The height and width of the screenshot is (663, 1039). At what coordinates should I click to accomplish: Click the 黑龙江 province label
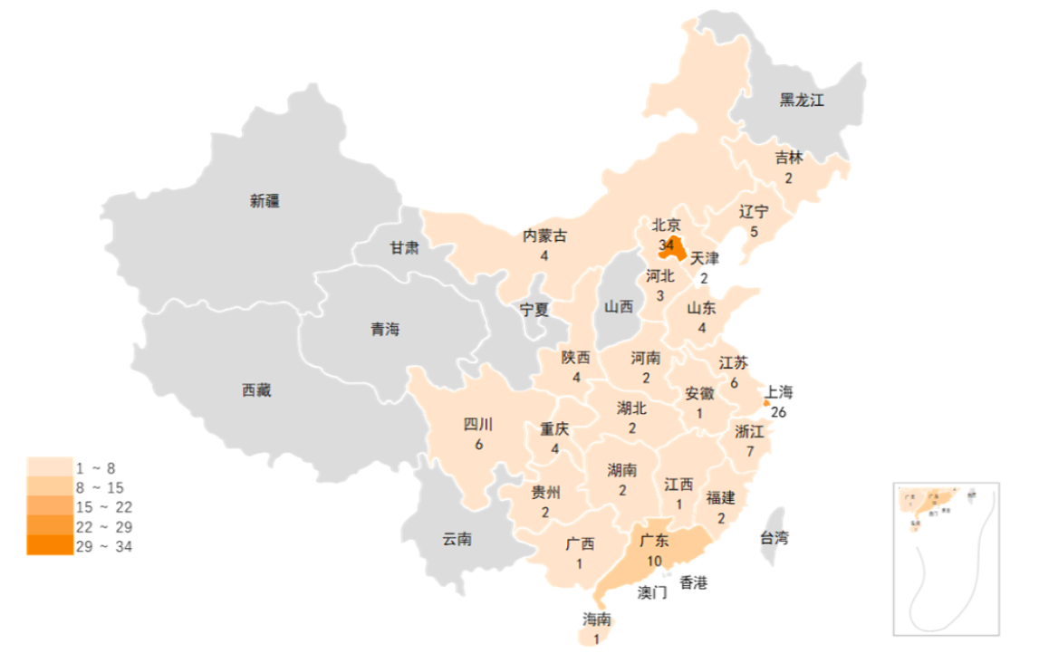point(802,101)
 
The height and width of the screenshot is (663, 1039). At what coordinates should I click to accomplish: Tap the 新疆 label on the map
point(265,201)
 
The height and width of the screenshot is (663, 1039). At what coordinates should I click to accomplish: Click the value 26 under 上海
point(778,412)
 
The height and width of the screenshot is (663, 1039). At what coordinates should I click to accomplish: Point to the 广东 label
point(654,542)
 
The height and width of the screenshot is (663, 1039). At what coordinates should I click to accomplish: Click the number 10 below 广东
point(654,561)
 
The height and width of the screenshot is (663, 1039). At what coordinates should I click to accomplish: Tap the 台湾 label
point(774,538)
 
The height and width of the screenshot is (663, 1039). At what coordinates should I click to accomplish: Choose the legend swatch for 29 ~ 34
point(50,545)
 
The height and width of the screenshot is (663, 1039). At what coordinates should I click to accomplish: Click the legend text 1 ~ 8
point(95,468)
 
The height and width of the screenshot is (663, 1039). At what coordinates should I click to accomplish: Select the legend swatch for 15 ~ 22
point(50,506)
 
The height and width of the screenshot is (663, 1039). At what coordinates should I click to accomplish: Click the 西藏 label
point(256,391)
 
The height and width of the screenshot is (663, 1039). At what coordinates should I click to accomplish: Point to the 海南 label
point(596,620)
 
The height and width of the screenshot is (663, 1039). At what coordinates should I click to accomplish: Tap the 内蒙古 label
point(545,236)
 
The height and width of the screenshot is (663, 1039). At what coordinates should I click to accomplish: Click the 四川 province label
point(478,425)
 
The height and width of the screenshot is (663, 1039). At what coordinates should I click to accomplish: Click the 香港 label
point(693,582)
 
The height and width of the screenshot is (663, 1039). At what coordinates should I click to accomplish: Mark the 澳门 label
point(652,592)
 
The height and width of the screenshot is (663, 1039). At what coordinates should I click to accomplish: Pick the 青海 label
point(384,330)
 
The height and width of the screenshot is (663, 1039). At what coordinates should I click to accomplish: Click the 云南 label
point(457,539)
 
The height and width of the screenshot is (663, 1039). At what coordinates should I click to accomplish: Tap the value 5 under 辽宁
point(754,231)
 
